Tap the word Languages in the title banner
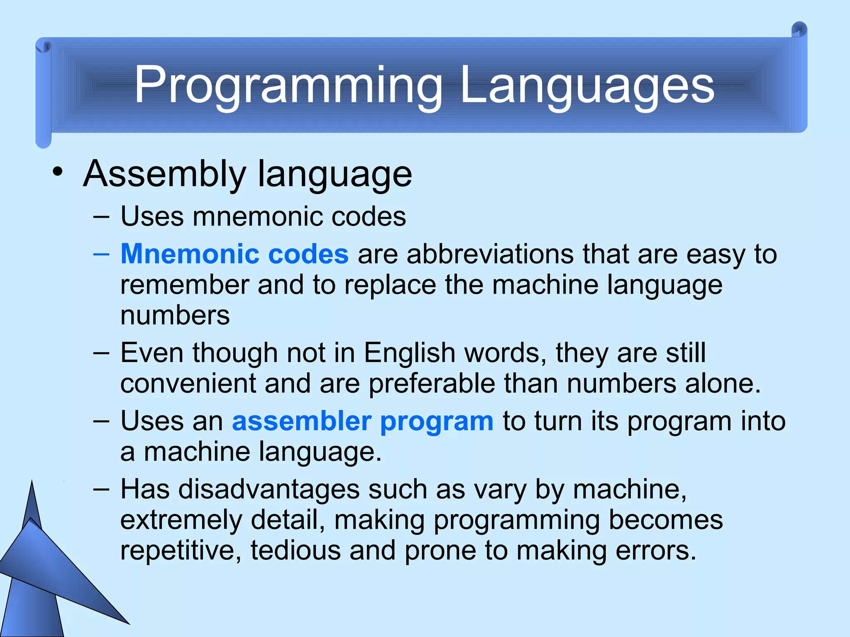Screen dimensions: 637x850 pos(587,86)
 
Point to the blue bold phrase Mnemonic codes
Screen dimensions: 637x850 pos(234,254)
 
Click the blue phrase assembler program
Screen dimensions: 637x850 pos(362,421)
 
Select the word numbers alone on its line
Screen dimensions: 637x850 pos(175,316)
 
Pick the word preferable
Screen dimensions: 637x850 pos(432,384)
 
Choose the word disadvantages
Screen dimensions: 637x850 pos(269,489)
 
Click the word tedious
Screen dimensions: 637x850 pos(296,551)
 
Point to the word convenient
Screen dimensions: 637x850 pos(188,384)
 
